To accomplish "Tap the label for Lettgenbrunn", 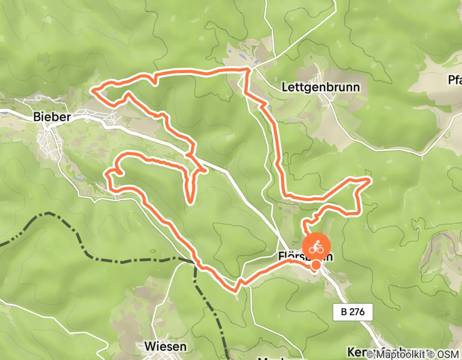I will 321,87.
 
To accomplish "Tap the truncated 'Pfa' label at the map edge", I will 454,80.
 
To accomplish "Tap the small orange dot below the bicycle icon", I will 316,265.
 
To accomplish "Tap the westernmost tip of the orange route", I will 93,90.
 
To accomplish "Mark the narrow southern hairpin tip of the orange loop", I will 191,201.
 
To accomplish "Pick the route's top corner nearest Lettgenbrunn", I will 248,68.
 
